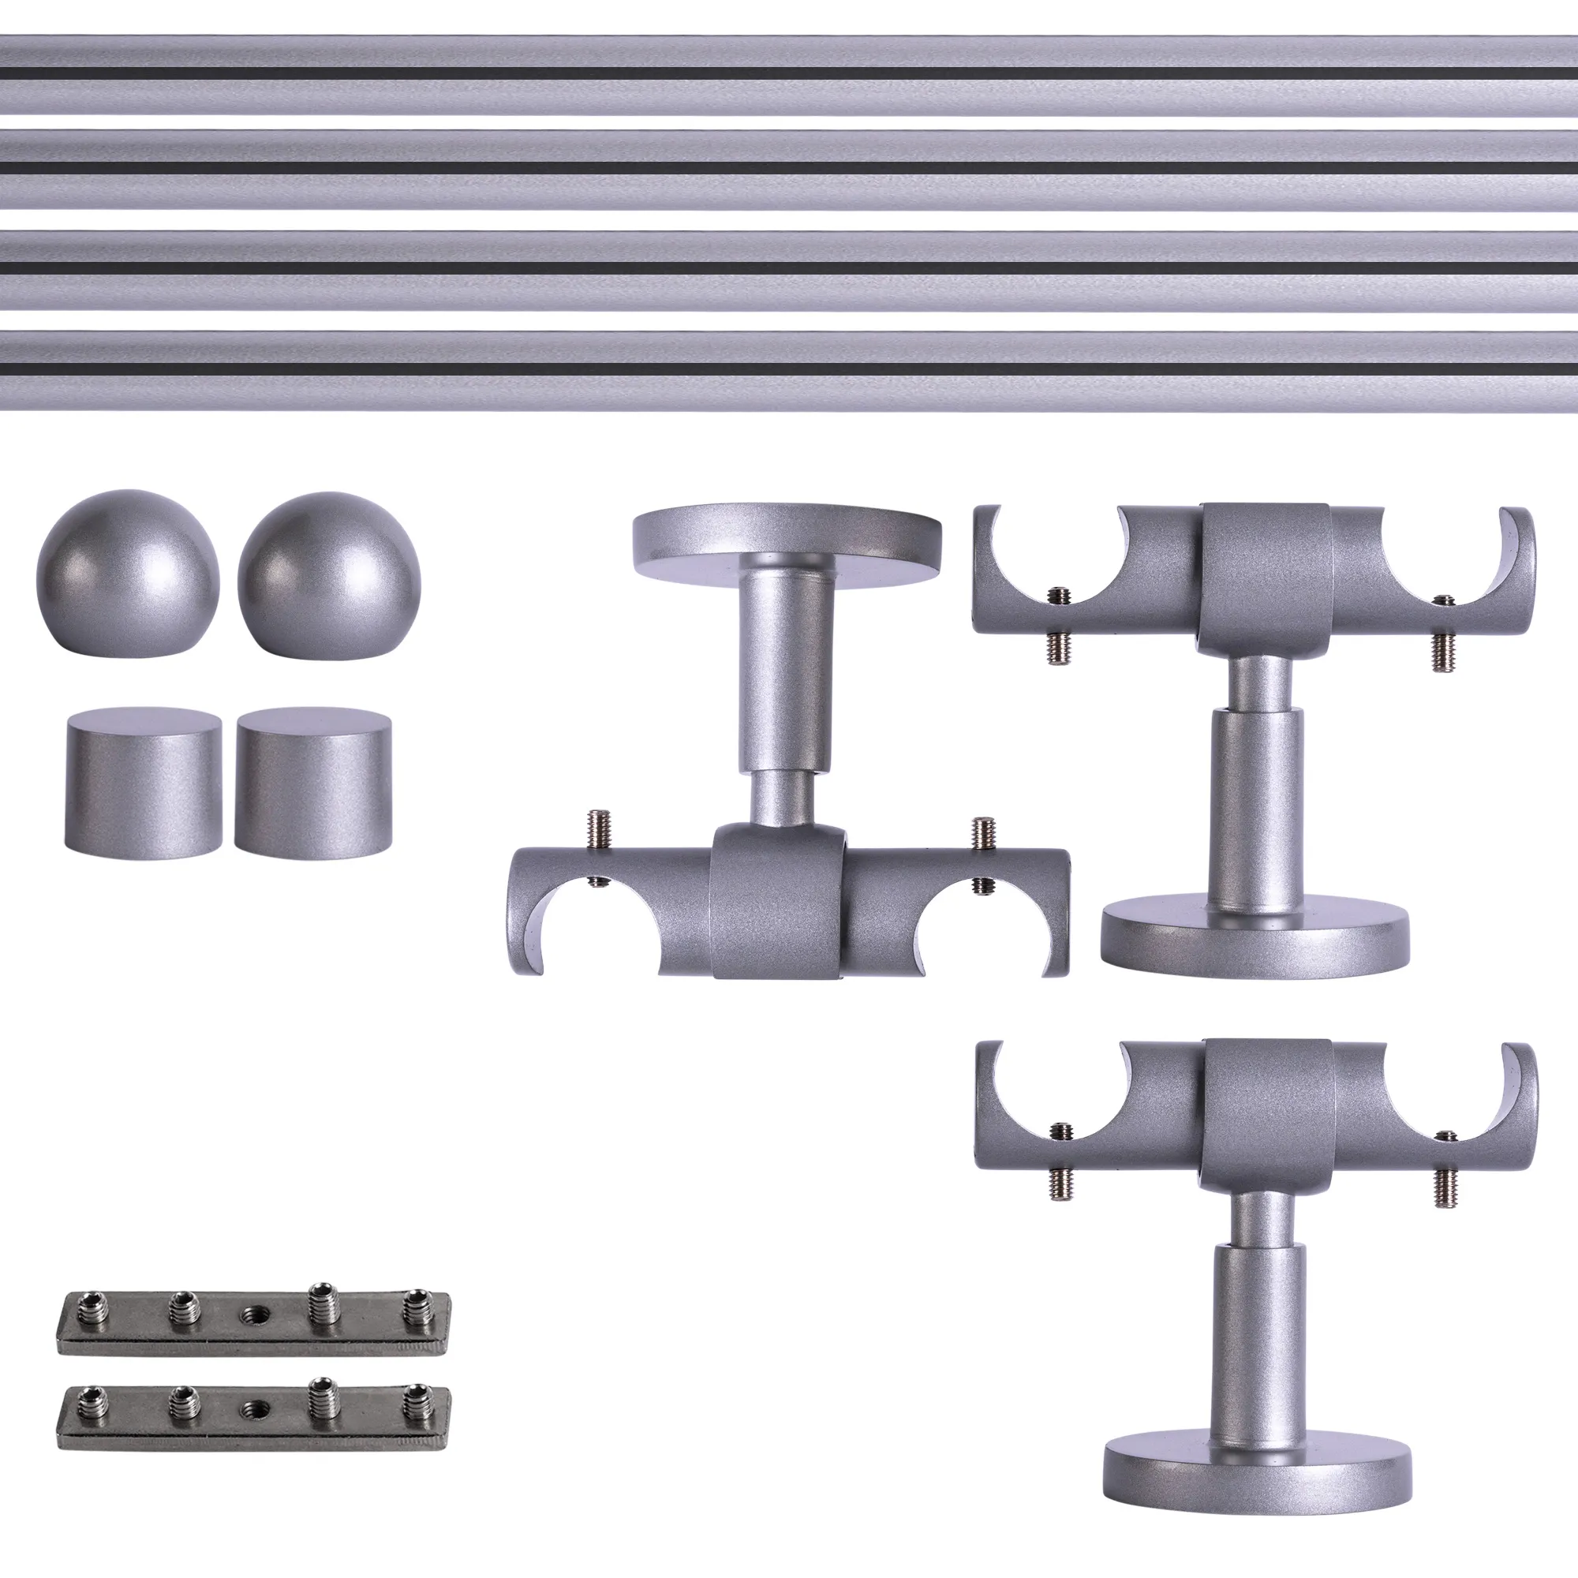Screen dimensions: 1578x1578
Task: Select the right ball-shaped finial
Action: pos(328,574)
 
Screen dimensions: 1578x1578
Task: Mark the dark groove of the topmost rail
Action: pos(789,73)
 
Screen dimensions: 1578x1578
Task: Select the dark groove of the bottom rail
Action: pos(789,369)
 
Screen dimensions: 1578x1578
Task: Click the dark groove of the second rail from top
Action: pos(789,167)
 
